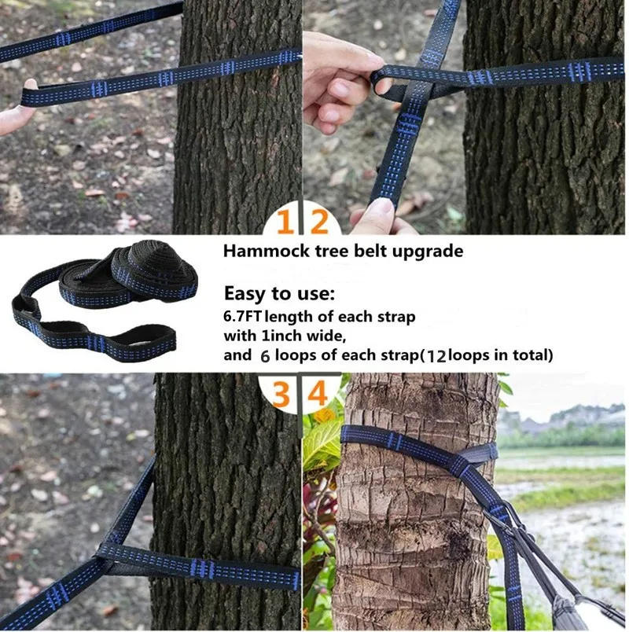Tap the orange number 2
318,224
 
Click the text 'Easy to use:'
279,295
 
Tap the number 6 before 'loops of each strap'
265,355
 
